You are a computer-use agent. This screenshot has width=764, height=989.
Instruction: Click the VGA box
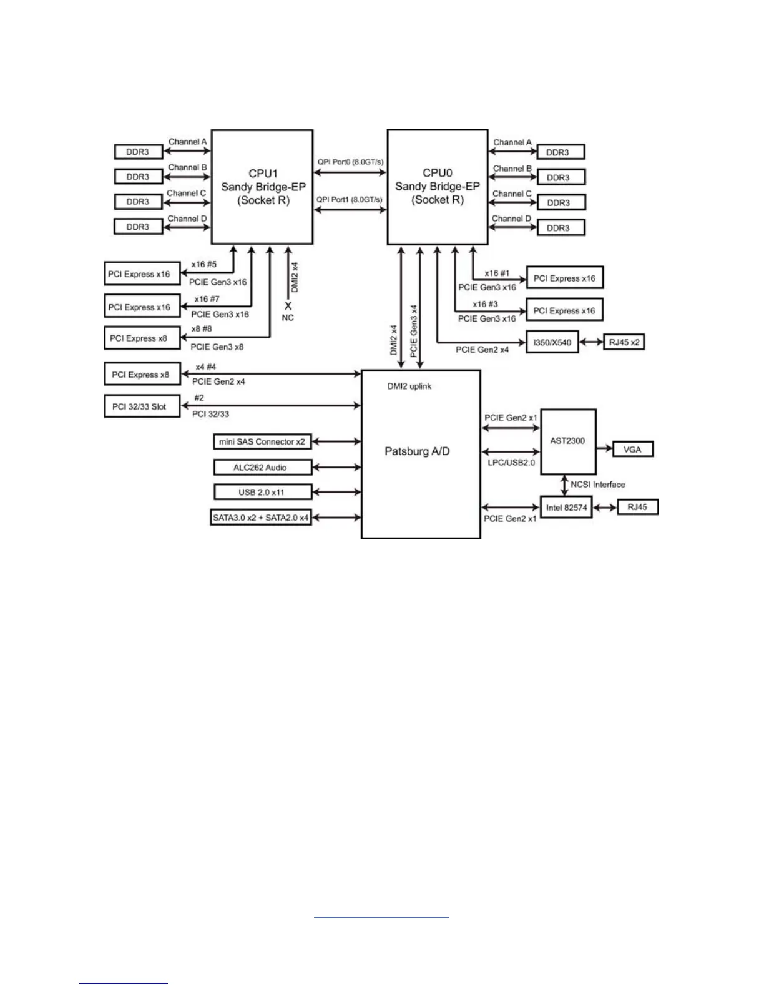632,449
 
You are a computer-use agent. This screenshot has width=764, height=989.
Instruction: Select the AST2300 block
567,441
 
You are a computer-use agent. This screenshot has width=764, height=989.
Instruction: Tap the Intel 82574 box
566,508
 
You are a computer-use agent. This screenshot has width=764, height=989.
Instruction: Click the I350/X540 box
552,342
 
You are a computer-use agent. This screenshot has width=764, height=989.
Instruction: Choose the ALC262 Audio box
262,467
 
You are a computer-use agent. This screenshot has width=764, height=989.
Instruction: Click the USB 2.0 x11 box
262,492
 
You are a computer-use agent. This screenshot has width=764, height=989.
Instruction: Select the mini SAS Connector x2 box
262,441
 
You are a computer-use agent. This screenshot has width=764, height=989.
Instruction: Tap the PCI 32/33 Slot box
141,406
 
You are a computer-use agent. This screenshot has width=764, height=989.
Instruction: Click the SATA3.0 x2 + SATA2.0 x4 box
261,518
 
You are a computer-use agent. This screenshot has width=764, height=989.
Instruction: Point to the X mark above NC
288,306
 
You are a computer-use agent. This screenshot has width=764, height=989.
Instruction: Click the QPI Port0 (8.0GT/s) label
350,162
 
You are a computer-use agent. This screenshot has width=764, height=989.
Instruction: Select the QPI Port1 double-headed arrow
350,210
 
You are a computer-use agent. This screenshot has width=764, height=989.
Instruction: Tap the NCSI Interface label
597,485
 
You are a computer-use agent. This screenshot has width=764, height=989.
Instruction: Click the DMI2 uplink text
409,386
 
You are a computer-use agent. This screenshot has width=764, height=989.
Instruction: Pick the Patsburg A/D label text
417,451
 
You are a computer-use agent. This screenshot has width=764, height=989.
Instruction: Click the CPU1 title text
263,173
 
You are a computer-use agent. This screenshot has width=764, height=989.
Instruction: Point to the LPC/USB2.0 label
511,463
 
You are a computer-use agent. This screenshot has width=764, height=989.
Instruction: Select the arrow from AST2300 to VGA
604,448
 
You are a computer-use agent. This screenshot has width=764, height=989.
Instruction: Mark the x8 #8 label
202,328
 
